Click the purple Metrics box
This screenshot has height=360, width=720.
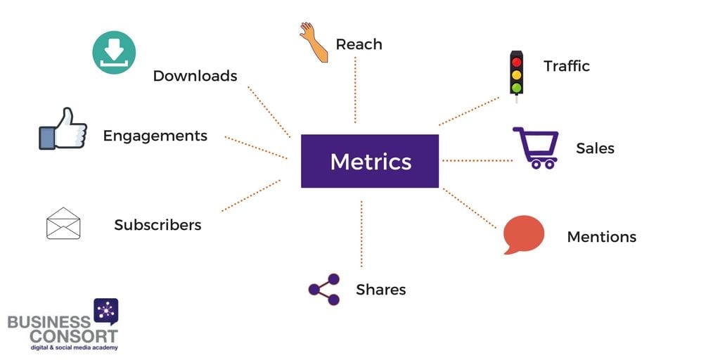pyautogui.click(x=370, y=161)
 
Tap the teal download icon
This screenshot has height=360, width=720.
pyautogui.click(x=114, y=52)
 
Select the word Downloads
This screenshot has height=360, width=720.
pyautogui.click(x=195, y=76)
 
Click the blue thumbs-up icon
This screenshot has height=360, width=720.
pyautogui.click(x=63, y=129)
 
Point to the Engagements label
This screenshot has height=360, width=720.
pyautogui.click(x=155, y=136)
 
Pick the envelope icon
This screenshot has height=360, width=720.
pyautogui.click(x=63, y=223)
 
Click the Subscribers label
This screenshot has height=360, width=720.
pyautogui.click(x=158, y=225)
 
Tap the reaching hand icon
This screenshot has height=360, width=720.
pyautogui.click(x=314, y=41)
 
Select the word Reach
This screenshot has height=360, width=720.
pyautogui.click(x=359, y=44)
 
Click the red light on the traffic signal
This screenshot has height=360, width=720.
pyautogui.click(x=517, y=62)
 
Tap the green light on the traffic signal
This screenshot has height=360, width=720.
pyautogui.click(x=517, y=87)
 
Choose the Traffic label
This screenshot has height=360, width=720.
pyautogui.click(x=567, y=66)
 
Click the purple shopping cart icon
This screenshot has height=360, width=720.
pyautogui.click(x=536, y=148)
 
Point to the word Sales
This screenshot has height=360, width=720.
pyautogui.click(x=595, y=148)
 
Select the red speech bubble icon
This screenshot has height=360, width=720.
pyautogui.click(x=523, y=234)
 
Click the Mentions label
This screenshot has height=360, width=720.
pyautogui.click(x=602, y=237)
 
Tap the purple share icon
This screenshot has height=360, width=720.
pyautogui.click(x=324, y=289)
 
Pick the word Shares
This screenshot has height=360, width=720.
pyautogui.click(x=380, y=290)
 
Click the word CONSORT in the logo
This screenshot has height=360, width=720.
pyautogui.click(x=74, y=335)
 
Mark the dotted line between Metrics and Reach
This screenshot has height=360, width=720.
pyautogui.click(x=355, y=90)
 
